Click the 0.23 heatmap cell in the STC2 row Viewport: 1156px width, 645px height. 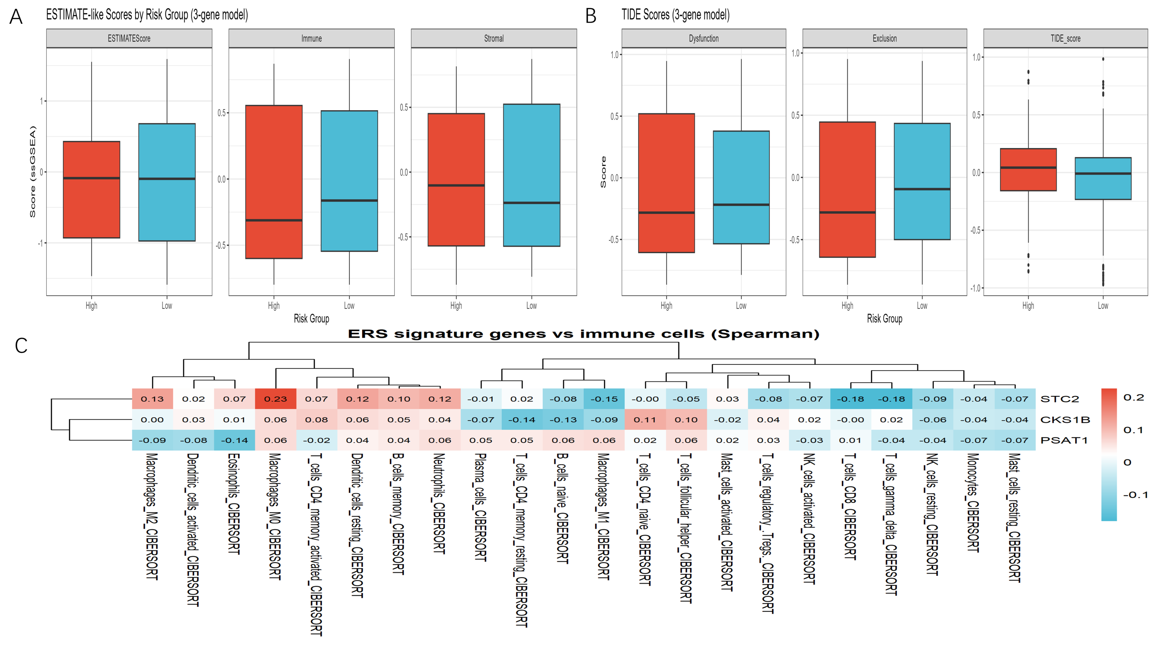point(275,399)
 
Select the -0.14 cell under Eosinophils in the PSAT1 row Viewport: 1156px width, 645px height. point(234,440)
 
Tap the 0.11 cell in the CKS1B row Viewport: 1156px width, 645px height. point(645,419)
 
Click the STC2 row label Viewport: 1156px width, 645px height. point(1059,399)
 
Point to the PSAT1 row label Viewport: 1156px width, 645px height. point(1064,440)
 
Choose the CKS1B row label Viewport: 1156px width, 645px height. point(1065,419)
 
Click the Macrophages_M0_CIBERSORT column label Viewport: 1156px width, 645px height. point(275,516)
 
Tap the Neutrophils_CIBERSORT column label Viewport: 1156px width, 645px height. point(439,503)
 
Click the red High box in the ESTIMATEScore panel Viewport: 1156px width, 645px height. point(92,189)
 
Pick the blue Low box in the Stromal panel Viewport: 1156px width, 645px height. point(532,175)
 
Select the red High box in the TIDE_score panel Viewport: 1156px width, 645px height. point(1028,170)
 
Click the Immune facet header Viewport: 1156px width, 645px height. point(312,39)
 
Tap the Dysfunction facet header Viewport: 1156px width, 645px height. point(704,39)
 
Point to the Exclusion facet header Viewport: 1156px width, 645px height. point(885,39)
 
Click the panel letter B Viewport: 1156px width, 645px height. point(591,16)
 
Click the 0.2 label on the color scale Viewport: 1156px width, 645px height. point(1134,398)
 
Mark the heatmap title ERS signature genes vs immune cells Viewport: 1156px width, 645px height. point(583,334)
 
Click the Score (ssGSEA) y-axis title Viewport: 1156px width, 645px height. point(32,172)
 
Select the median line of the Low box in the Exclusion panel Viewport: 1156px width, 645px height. point(922,189)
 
